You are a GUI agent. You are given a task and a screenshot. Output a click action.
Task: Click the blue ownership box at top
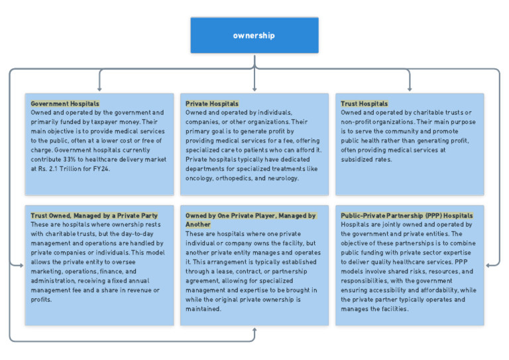tap(254, 35)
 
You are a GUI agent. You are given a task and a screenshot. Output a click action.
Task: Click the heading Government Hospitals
tap(65, 103)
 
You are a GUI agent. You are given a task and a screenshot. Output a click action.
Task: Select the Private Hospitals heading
tap(212, 103)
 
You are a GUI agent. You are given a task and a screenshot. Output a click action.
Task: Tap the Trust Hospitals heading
tap(365, 103)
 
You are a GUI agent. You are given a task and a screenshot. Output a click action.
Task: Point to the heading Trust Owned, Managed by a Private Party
tap(94, 215)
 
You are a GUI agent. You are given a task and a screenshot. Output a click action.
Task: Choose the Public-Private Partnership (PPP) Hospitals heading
tap(407, 215)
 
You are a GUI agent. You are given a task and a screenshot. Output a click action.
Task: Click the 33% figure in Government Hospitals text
tap(69, 159)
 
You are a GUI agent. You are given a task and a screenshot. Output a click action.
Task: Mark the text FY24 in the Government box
tap(101, 169)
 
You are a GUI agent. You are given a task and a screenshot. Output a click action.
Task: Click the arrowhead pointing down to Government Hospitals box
tap(99, 89)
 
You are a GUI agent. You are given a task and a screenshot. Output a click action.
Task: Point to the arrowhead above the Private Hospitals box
tap(254, 89)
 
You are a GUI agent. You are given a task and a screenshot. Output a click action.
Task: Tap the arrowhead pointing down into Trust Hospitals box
tap(410, 89)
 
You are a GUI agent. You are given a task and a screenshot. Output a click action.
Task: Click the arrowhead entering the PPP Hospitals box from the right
tap(488, 266)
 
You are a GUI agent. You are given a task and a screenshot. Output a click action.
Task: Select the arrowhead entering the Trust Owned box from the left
tap(21, 266)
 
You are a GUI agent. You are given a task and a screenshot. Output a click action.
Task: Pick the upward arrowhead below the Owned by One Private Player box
tap(254, 330)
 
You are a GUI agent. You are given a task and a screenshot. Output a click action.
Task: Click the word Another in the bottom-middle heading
tap(198, 225)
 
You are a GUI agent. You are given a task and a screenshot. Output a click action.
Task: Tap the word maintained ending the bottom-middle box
tap(203, 309)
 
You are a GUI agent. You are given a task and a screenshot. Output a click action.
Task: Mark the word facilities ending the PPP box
tap(395, 309)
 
